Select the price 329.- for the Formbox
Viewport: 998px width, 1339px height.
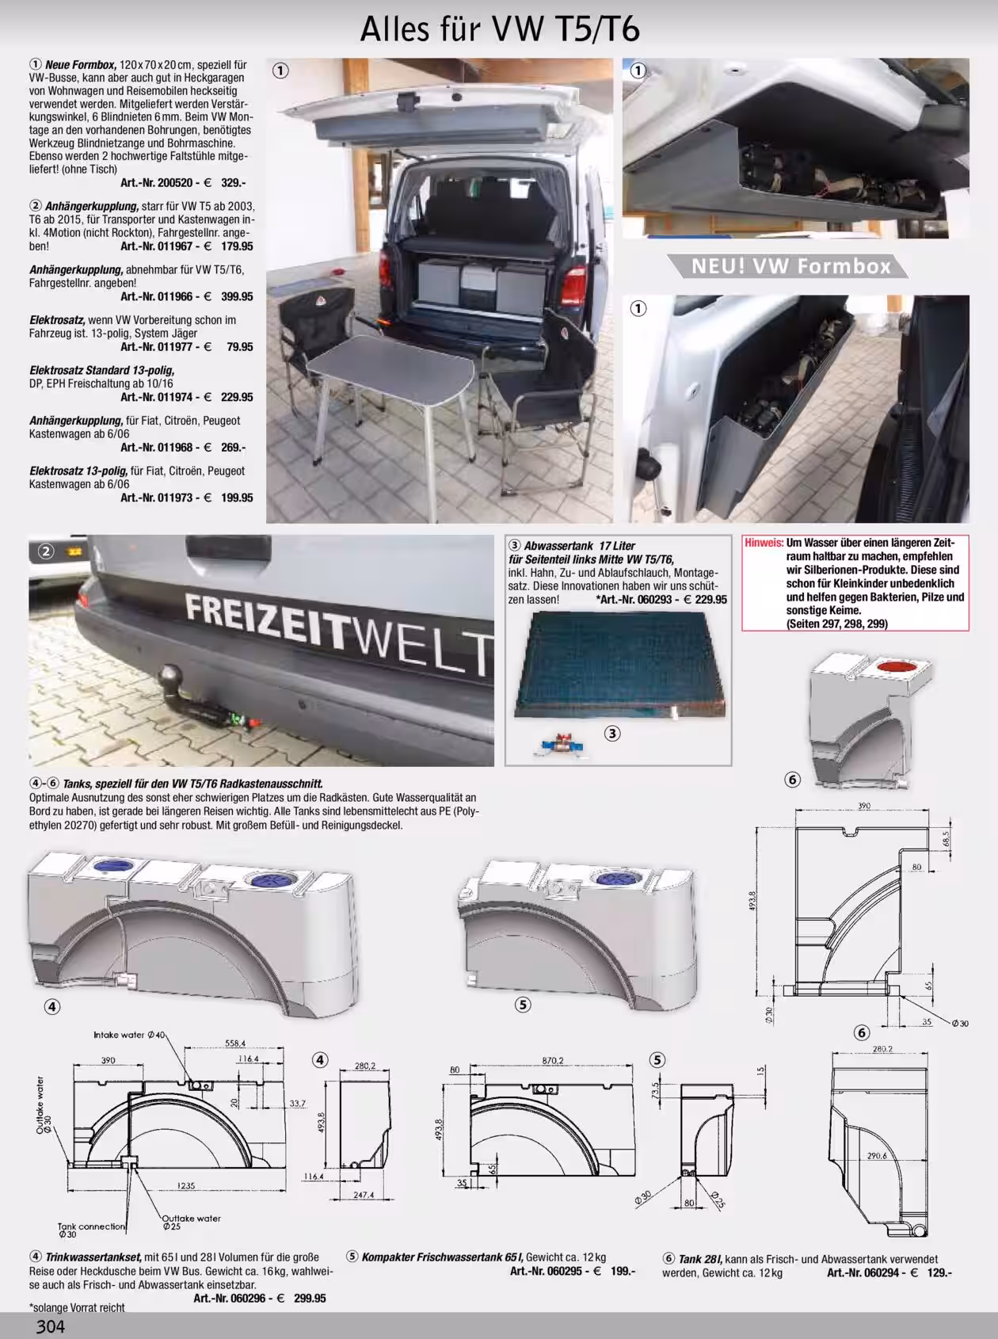pyautogui.click(x=234, y=182)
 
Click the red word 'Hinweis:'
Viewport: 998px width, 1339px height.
pyautogui.click(x=764, y=543)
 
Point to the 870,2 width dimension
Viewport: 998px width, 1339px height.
pyautogui.click(x=553, y=1060)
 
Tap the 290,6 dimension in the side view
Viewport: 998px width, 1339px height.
pyautogui.click(x=877, y=1156)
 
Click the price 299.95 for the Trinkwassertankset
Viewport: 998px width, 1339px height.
pyautogui.click(x=309, y=1298)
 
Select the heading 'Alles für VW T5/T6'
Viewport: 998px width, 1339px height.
pyautogui.click(x=500, y=29)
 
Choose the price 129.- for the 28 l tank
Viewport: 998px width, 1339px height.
pyautogui.click(x=939, y=1272)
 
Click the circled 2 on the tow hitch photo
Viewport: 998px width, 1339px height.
pyautogui.click(x=47, y=551)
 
